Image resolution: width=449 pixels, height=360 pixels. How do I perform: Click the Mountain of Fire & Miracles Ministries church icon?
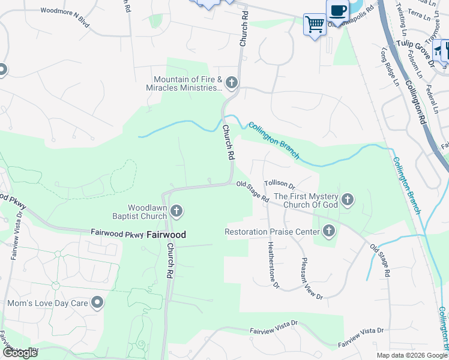[x=232, y=82]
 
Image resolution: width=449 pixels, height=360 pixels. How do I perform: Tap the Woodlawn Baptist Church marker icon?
[x=176, y=211]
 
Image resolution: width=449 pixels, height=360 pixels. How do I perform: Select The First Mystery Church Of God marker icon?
[x=347, y=199]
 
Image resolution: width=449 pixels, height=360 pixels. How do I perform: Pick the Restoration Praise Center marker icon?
[x=328, y=231]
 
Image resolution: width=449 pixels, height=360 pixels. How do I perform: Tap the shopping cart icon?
[x=315, y=25]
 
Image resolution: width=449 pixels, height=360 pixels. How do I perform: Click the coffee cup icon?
[x=338, y=10]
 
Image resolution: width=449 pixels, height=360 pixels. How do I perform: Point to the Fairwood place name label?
[x=166, y=235]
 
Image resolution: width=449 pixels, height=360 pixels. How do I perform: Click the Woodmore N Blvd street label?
[x=64, y=11]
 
